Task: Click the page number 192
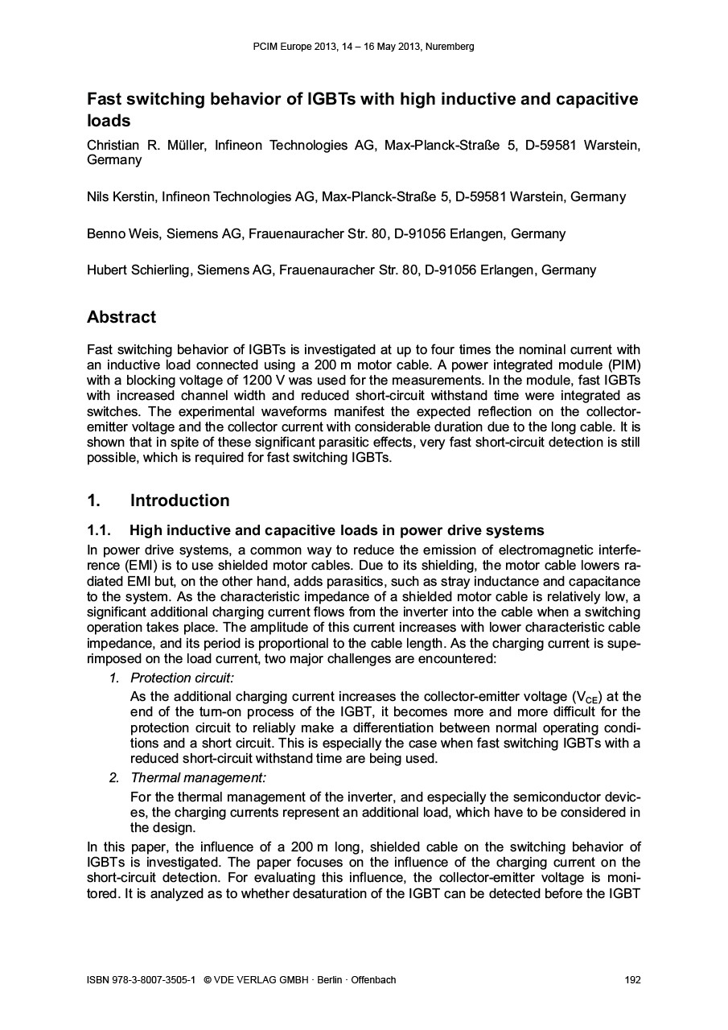click(x=632, y=980)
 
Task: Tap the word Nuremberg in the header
click(x=450, y=47)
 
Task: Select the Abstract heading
click(x=121, y=317)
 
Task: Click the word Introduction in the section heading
click(x=179, y=501)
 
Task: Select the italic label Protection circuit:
click(x=182, y=678)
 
